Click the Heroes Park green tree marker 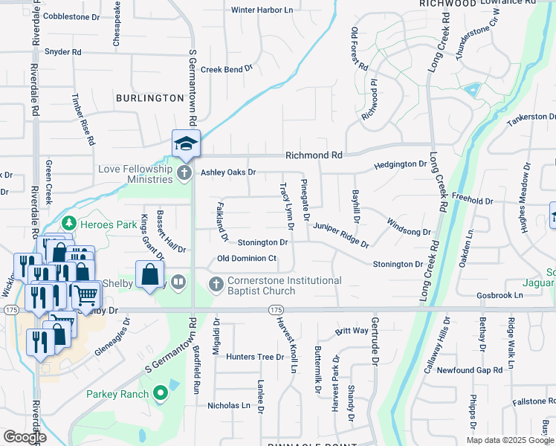coord(68,222)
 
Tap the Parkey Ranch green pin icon coord(159,392)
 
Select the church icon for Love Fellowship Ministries coord(185,172)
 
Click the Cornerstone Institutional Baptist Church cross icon coord(216,285)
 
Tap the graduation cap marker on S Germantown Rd coord(186,143)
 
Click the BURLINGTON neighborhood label coord(149,98)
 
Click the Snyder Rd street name coord(62,52)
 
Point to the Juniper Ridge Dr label coord(340,234)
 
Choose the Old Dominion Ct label coord(247,259)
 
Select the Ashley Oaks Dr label coord(228,172)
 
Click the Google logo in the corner coord(25,437)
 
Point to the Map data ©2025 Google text coord(509,440)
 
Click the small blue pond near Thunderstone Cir coord(471,91)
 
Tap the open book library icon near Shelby coord(178,282)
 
